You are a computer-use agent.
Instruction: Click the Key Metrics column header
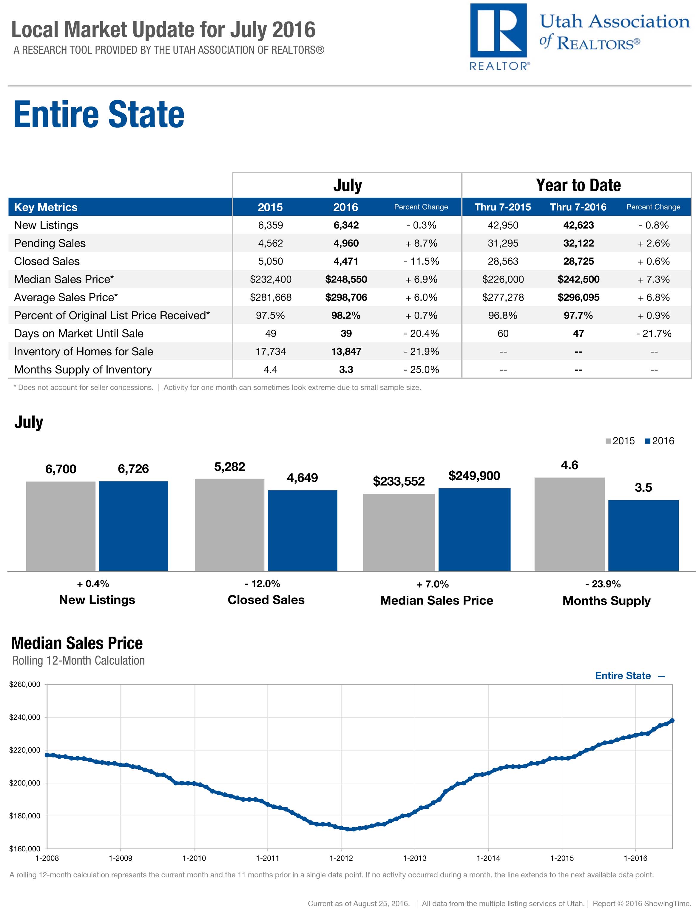pos(46,207)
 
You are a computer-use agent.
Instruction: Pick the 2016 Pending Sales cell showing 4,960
pos(346,243)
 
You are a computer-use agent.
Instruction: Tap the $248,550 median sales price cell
pos(346,279)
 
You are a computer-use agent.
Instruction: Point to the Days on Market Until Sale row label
pos(79,334)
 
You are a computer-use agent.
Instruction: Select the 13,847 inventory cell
pos(346,351)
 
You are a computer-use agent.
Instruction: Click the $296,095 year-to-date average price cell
pos(578,297)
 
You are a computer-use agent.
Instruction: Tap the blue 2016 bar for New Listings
pos(133,526)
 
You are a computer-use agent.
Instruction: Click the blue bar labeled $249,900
pos(474,529)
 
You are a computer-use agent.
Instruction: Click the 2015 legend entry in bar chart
pos(620,441)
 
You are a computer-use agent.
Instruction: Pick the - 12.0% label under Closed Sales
pos(266,584)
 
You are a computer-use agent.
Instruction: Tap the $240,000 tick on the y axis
pos(25,717)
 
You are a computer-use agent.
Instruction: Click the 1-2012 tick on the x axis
pos(341,858)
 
